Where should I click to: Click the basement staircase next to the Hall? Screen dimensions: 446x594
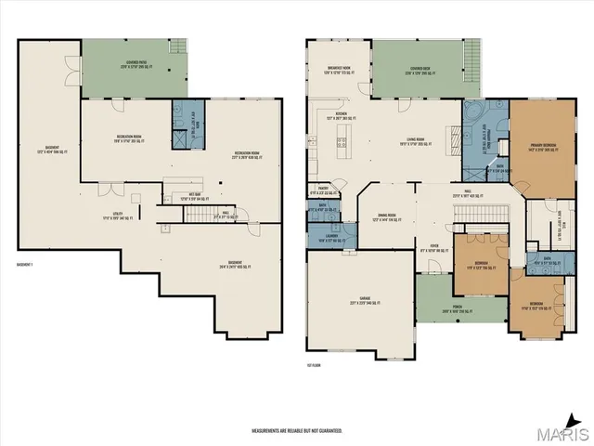200,216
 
